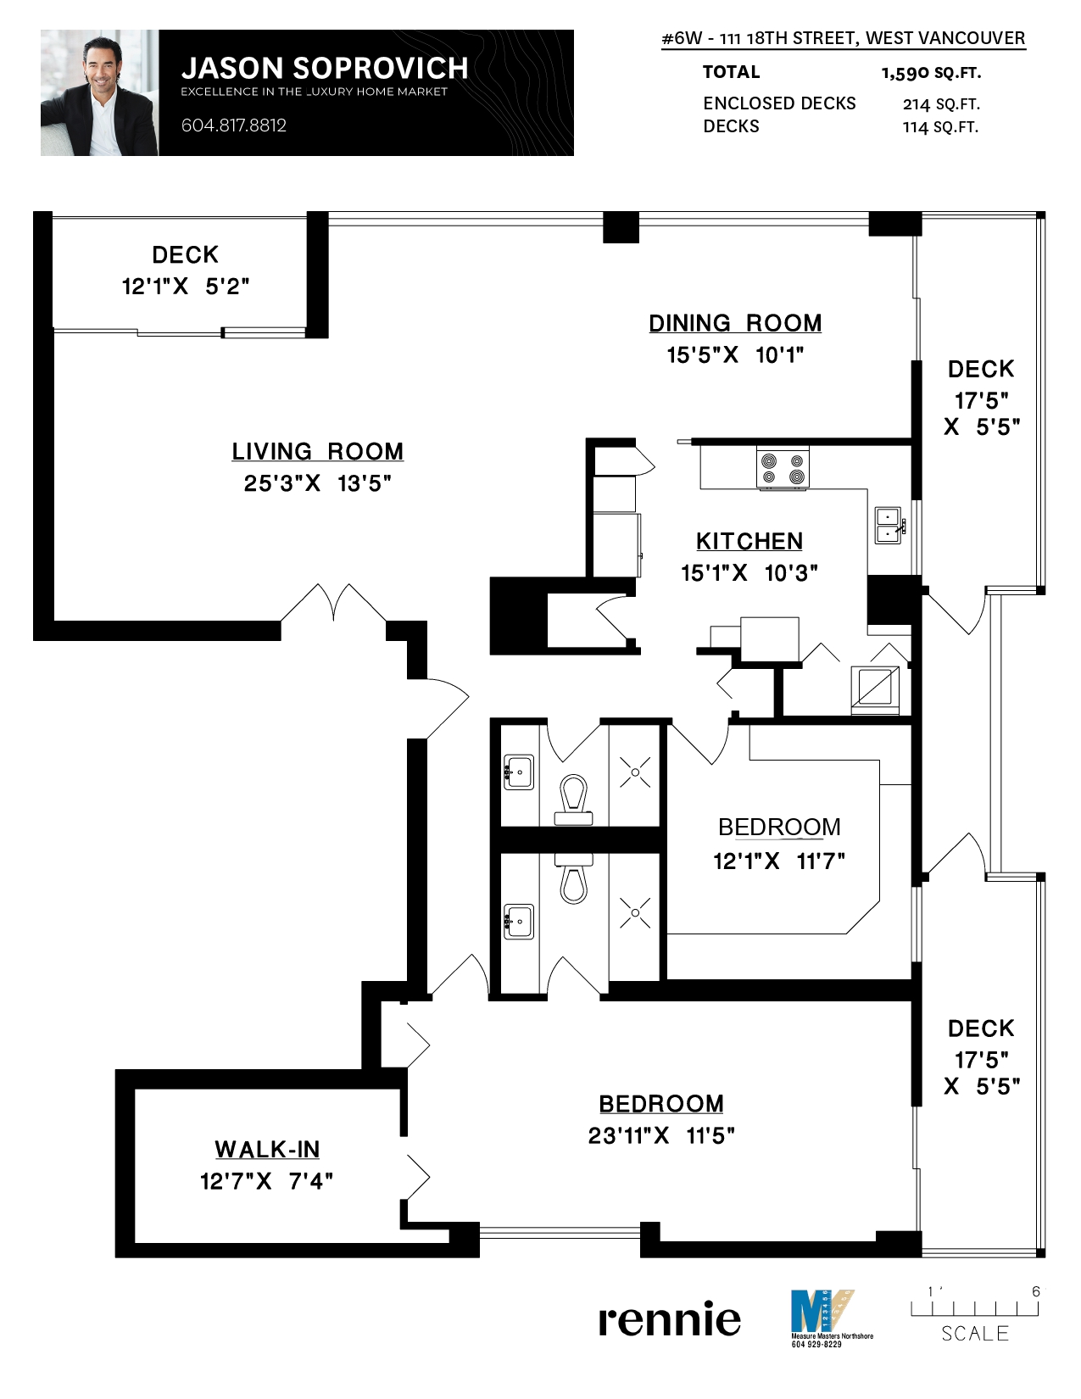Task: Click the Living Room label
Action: (317, 451)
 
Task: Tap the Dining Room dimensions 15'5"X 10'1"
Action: (734, 354)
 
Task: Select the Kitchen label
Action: (749, 541)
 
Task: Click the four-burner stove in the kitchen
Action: (783, 469)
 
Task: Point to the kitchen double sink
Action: (888, 525)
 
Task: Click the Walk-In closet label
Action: (267, 1149)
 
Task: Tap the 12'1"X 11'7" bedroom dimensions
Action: (778, 861)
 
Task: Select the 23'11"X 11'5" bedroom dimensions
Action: (661, 1135)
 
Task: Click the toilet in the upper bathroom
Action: (574, 800)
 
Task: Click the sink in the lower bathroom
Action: (519, 921)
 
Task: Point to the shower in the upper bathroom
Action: (634, 772)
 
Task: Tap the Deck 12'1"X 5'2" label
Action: (185, 270)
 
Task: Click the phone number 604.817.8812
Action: (234, 125)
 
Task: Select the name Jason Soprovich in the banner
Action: (325, 68)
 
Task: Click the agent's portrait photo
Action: (99, 92)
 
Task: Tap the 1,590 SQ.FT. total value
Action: (931, 73)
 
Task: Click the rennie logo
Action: (669, 1319)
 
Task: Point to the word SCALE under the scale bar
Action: (975, 1334)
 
